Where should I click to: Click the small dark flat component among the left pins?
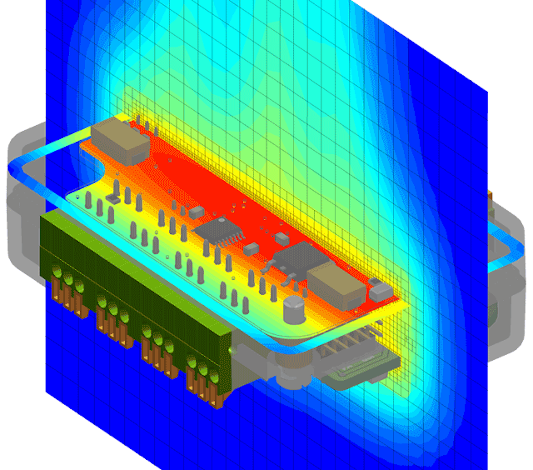point(113,199)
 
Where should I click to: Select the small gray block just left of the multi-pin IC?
point(197,212)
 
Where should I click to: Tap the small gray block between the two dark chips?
point(252,249)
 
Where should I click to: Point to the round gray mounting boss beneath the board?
point(292,370)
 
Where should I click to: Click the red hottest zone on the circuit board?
point(207,178)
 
